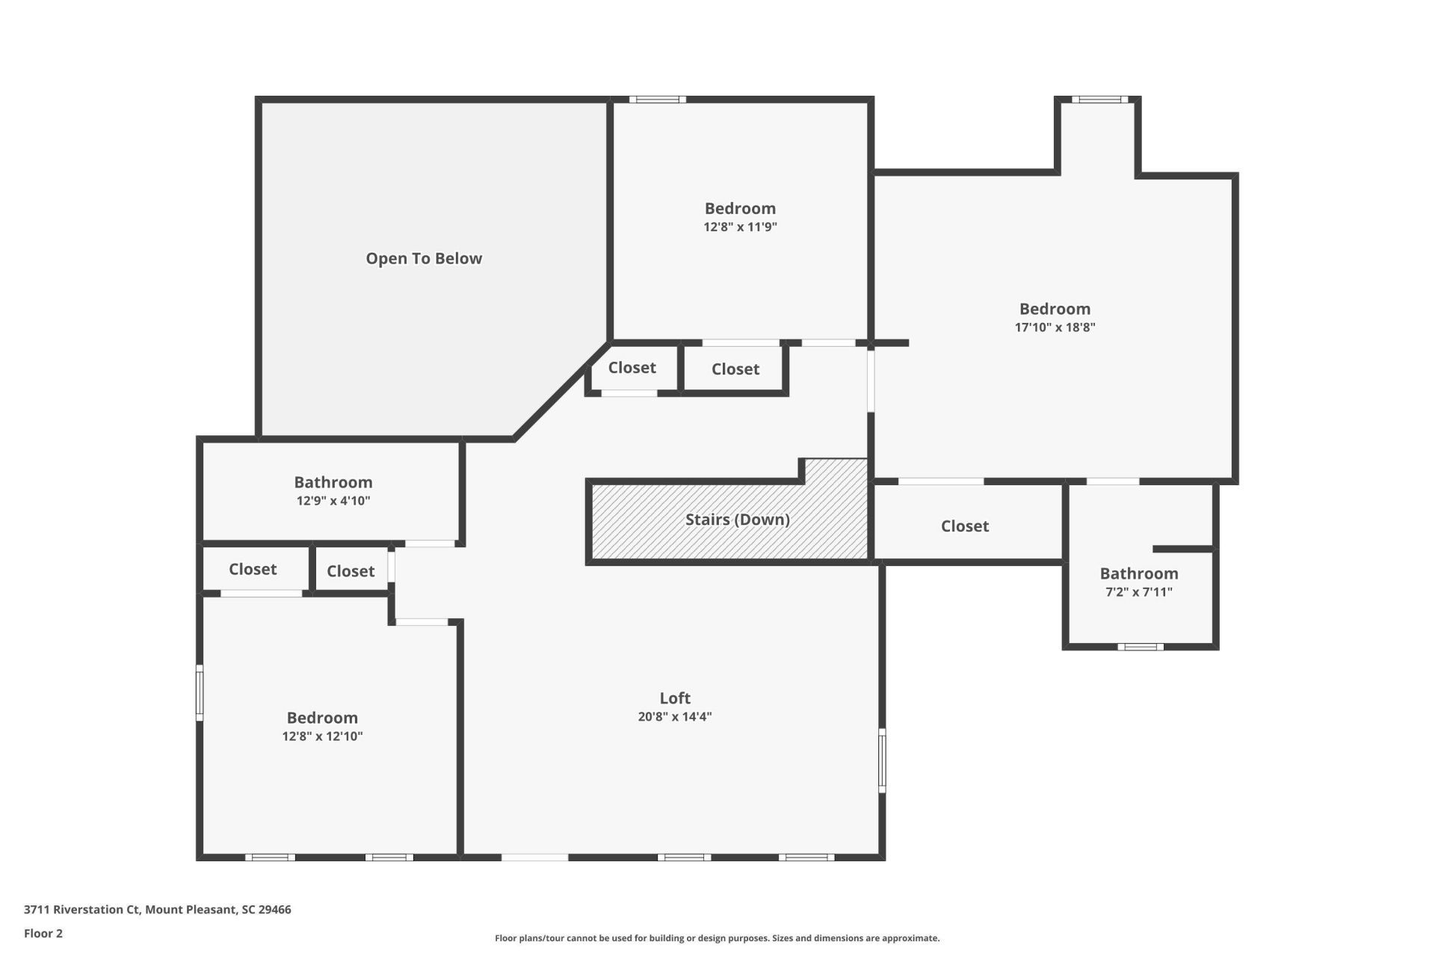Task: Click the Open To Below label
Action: coord(424,259)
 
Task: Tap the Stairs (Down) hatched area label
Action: coord(737,520)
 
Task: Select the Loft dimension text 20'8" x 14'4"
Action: coord(674,716)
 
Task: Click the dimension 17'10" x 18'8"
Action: coord(1055,327)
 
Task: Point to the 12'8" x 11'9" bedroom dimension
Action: coord(740,227)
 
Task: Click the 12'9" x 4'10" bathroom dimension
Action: coord(333,500)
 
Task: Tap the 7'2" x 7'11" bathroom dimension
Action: coord(1138,591)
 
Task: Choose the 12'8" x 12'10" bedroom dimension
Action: coord(322,736)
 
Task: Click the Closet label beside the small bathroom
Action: coord(964,526)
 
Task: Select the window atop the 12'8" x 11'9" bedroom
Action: coord(657,99)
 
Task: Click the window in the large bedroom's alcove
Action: coord(1099,99)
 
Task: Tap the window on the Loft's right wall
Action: coord(882,760)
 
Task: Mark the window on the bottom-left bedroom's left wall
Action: coord(200,693)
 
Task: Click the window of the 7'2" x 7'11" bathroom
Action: coord(1141,647)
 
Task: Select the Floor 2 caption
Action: coord(43,933)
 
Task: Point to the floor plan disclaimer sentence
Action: coord(717,938)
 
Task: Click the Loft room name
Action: coord(674,698)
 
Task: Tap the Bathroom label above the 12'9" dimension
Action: coord(333,482)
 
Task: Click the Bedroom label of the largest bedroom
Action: coord(1055,309)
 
